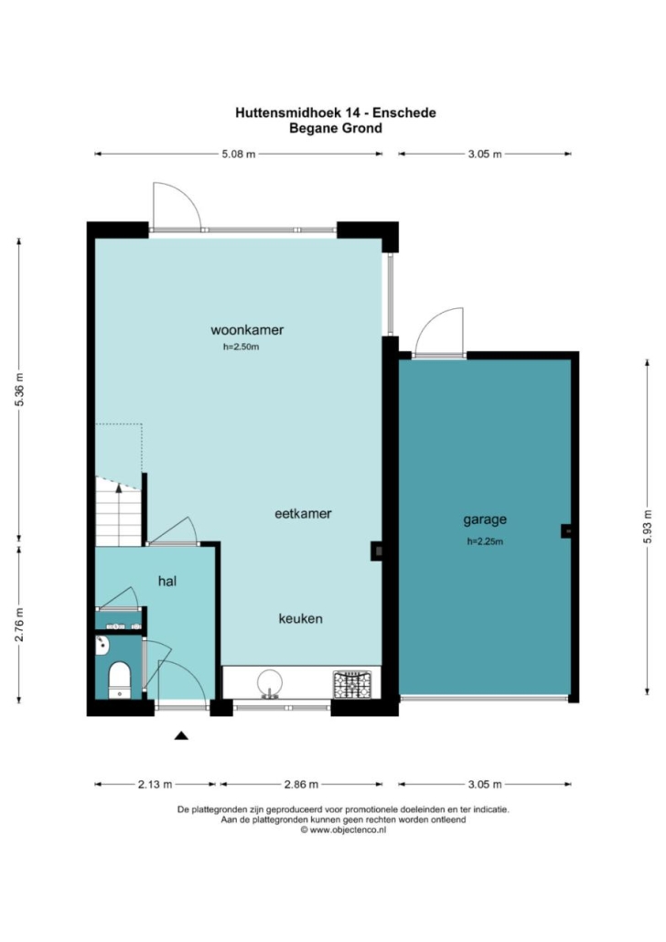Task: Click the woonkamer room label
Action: (x=247, y=330)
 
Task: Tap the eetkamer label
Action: (x=303, y=514)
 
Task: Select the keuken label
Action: (x=301, y=618)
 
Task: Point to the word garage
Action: (x=485, y=520)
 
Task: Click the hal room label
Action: (x=167, y=581)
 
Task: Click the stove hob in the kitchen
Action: (x=352, y=684)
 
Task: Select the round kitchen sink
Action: (x=270, y=683)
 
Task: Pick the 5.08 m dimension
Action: (x=239, y=155)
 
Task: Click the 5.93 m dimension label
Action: (x=648, y=527)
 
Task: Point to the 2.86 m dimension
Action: (x=301, y=784)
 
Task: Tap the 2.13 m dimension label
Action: (x=156, y=784)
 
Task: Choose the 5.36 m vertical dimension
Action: (x=19, y=390)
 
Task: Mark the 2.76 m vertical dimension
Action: (x=19, y=625)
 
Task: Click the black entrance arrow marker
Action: (x=181, y=735)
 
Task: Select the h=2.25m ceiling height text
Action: (x=485, y=541)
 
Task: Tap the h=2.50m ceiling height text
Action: (x=241, y=347)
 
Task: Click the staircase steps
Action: (x=118, y=511)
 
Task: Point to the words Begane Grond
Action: (x=336, y=128)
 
